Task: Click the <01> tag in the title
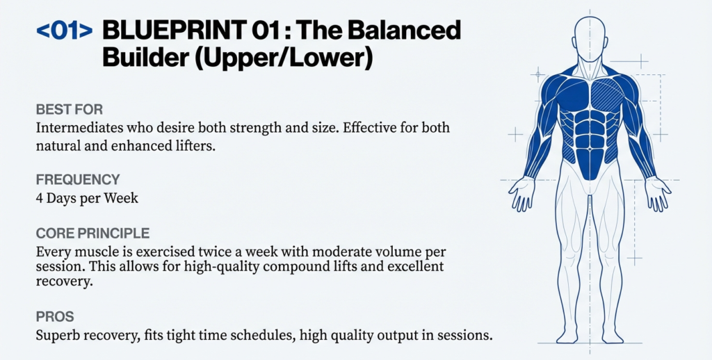pyautogui.click(x=63, y=31)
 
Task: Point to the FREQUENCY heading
pyautogui.click(x=78, y=180)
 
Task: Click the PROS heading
pyautogui.click(x=54, y=317)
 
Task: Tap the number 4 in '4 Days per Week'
pyautogui.click(x=40, y=198)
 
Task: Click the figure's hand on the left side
pyautogui.click(x=521, y=193)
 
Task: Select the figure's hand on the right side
pyautogui.click(x=657, y=193)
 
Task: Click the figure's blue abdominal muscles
pyautogui.click(x=590, y=139)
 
